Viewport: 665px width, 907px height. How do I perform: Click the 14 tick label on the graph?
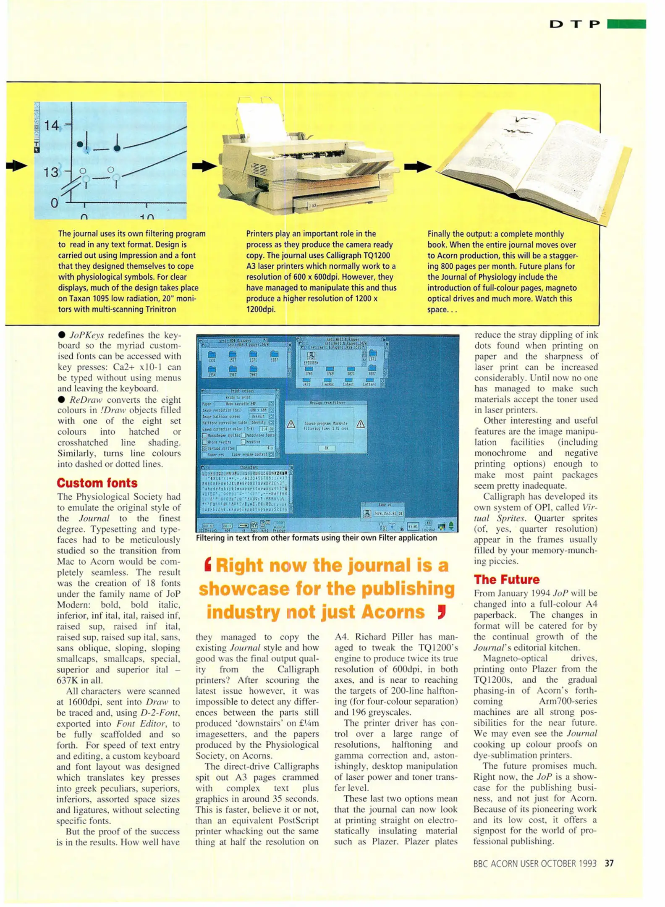[51, 125]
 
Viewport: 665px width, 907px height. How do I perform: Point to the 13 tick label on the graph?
[51, 172]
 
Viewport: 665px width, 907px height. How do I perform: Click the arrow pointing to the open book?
[417, 167]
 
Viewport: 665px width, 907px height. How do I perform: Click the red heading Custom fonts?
[97, 483]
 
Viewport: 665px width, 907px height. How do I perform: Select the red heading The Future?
[506, 579]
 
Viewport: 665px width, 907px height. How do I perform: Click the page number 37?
[609, 863]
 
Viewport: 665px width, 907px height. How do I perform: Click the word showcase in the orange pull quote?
[244, 589]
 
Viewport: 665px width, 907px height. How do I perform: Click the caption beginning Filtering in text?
[316, 538]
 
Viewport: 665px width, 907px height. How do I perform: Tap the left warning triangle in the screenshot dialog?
[291, 425]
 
